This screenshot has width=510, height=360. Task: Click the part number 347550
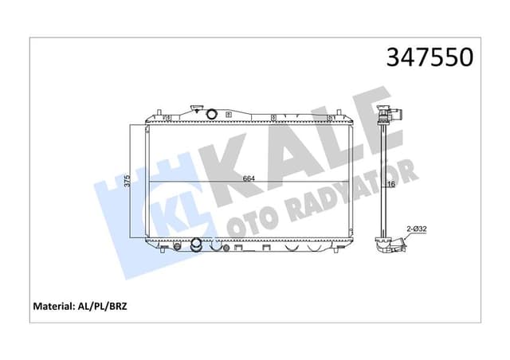[430, 57]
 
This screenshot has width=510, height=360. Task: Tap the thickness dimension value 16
[391, 185]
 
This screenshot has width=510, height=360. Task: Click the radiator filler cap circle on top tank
[212, 113]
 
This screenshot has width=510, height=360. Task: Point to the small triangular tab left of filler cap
[195, 107]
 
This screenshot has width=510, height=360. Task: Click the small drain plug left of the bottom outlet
[177, 248]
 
